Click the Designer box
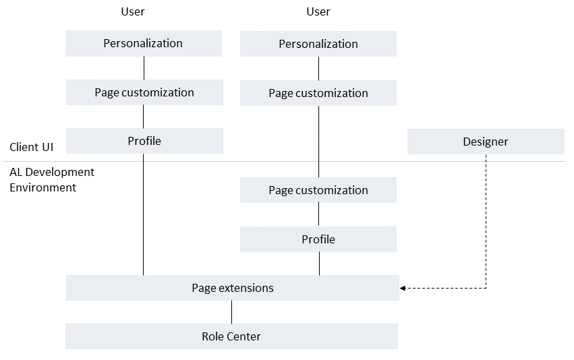(x=486, y=142)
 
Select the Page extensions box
(x=233, y=288)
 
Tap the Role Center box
(x=231, y=336)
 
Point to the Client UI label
(x=32, y=147)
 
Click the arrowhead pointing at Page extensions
(x=403, y=289)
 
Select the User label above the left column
(x=132, y=11)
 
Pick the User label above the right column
(x=318, y=11)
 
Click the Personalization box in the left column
(x=143, y=43)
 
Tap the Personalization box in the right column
(x=318, y=44)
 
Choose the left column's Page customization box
(x=144, y=92)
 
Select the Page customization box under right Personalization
(x=318, y=93)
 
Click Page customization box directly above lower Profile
(x=318, y=190)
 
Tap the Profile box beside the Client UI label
(x=144, y=141)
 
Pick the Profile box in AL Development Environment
(x=318, y=239)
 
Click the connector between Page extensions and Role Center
(x=232, y=312)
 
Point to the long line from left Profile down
(x=144, y=216)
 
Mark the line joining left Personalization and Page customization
(x=144, y=68)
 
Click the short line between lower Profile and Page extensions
(x=319, y=264)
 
